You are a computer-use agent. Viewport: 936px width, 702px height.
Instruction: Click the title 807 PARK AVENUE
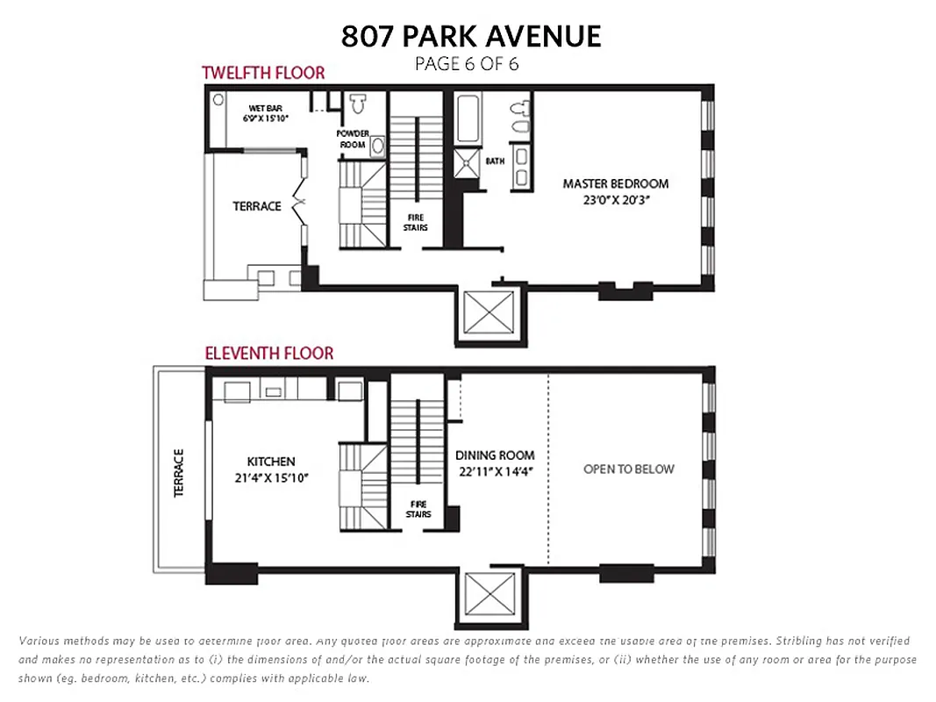471,36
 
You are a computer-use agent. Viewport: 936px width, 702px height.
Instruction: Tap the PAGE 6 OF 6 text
467,63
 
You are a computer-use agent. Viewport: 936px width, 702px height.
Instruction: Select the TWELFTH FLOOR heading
263,73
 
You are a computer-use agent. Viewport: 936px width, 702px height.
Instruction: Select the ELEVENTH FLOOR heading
268,354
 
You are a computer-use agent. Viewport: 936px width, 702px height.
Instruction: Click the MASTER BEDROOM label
615,184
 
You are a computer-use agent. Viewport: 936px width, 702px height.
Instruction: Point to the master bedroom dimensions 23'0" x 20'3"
615,200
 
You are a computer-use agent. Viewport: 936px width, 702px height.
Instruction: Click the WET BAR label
264,108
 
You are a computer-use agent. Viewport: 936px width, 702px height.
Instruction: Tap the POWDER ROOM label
352,139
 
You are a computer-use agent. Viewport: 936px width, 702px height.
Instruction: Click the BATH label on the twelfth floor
496,161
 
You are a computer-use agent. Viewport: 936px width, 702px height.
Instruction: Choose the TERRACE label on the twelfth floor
257,206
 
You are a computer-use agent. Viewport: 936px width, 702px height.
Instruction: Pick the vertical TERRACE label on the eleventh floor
179,474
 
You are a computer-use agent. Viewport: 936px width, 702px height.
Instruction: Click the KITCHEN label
270,462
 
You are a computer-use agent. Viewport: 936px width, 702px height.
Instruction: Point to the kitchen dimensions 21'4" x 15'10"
270,477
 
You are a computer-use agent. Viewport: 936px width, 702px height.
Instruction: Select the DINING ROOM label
495,455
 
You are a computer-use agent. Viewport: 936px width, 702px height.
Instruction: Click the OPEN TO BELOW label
628,469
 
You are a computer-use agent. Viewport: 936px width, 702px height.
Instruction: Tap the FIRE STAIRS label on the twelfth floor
416,222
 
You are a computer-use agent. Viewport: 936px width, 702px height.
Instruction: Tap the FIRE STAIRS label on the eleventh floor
418,509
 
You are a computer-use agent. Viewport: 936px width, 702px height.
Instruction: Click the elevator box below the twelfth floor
489,313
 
